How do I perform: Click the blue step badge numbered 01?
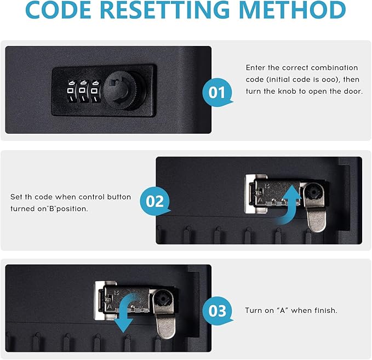pos(217,92)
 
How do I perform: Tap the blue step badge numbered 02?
pos(154,201)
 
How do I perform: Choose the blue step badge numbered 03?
pos(217,311)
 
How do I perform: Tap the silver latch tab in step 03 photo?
pos(165,327)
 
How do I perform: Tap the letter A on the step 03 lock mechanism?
pos(109,306)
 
